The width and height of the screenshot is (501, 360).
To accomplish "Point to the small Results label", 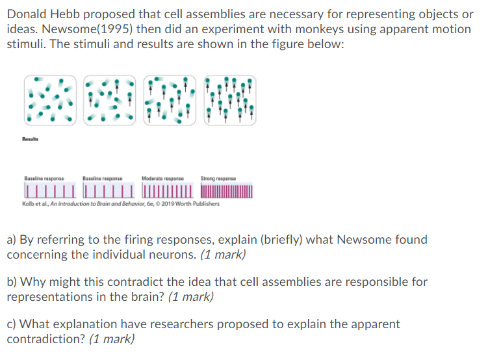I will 31,138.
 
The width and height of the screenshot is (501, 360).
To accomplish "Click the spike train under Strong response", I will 227,192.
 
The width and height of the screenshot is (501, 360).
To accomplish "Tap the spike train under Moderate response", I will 168,192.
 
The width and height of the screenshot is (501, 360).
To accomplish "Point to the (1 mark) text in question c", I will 111,339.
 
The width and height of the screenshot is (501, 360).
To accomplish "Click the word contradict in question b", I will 170,282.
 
